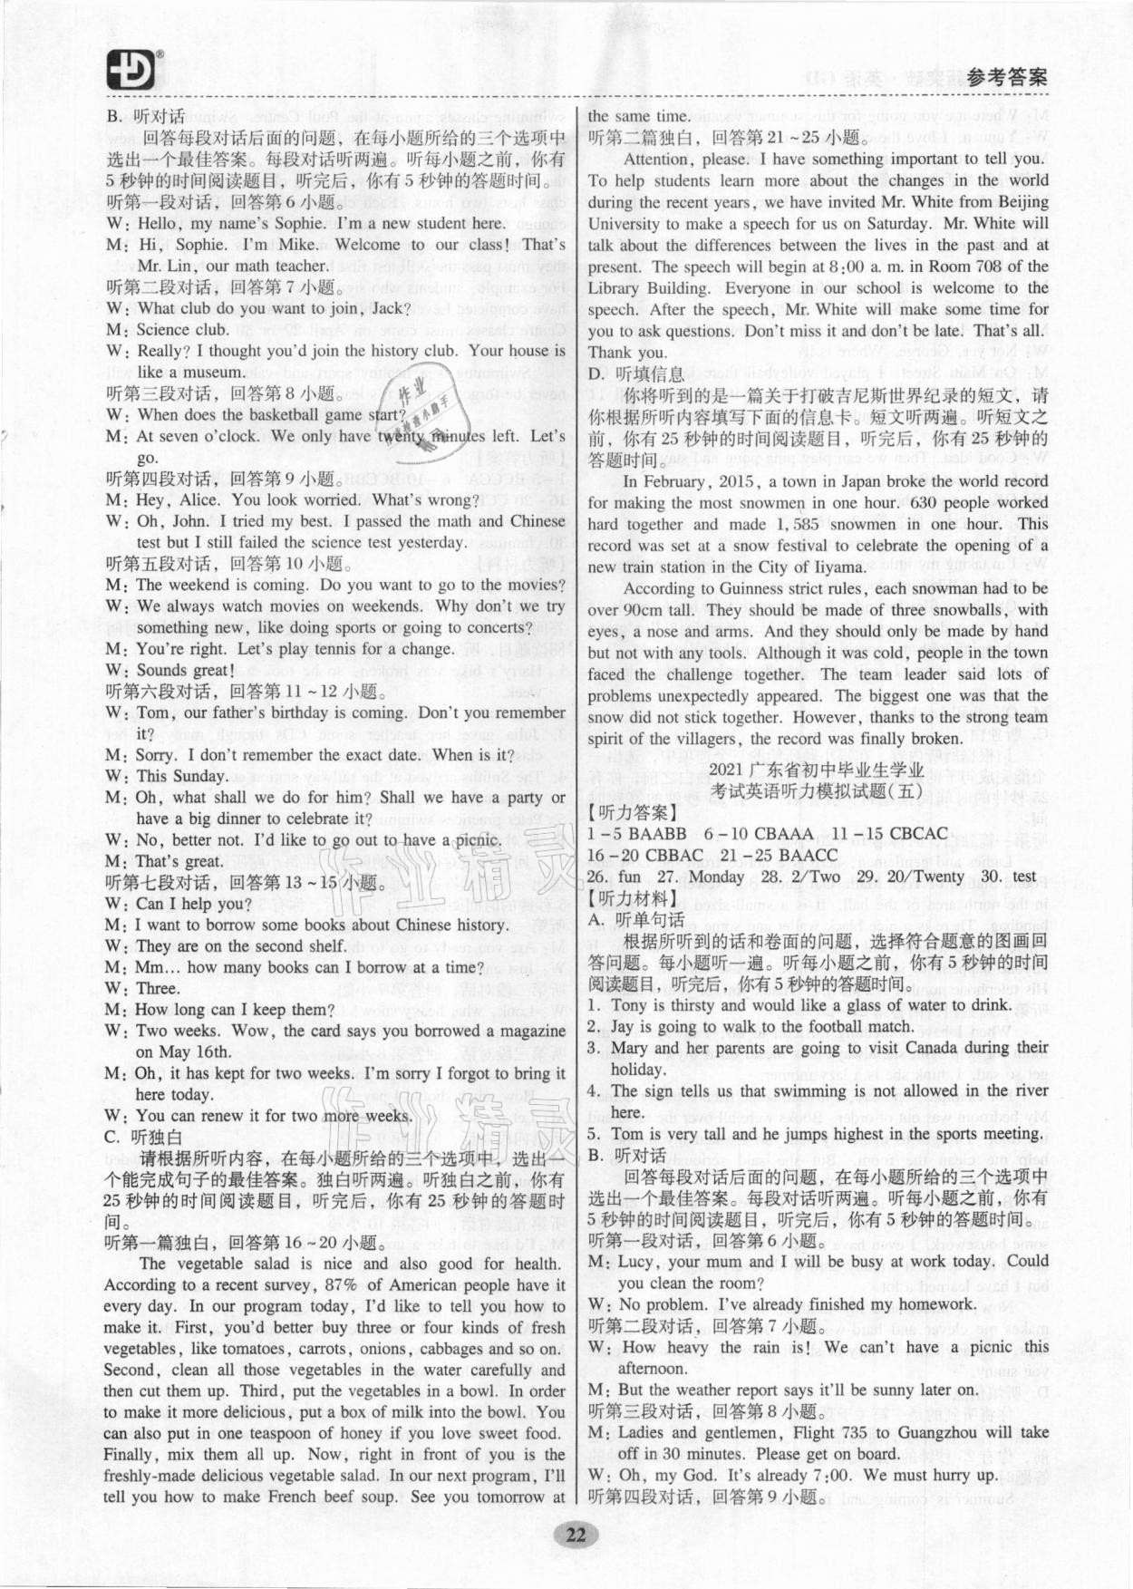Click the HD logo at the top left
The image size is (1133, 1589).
click(132, 69)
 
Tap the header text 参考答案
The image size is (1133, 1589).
click(1007, 78)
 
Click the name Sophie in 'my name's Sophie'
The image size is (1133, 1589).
click(296, 223)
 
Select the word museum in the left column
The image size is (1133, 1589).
click(213, 372)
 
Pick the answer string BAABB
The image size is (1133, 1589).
click(658, 833)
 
